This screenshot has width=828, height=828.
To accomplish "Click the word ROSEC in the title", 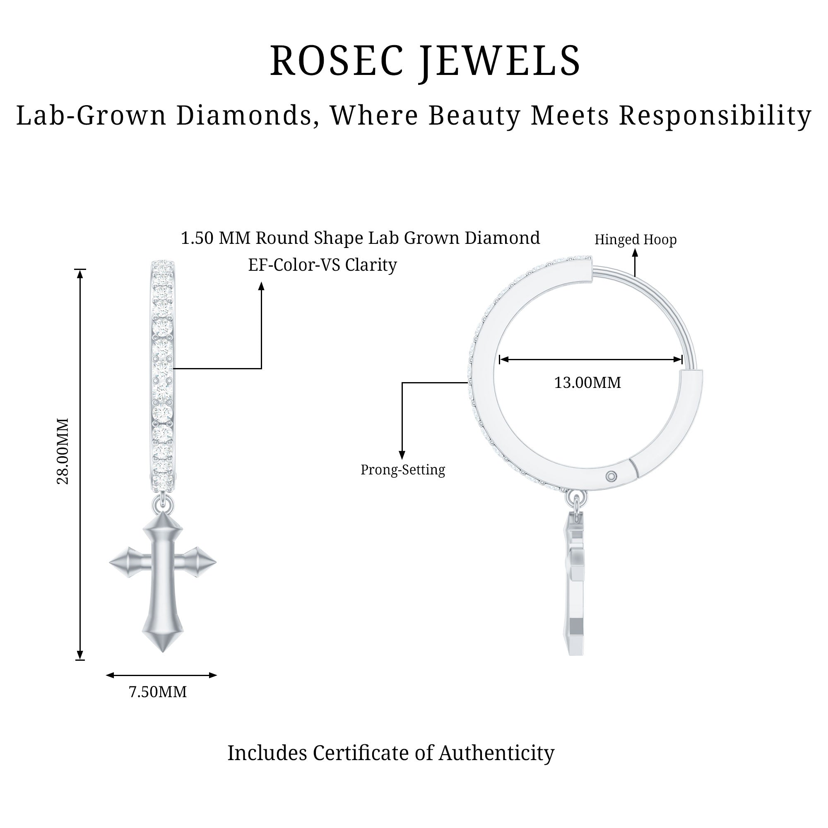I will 337,61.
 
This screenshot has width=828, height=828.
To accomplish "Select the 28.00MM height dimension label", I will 63,451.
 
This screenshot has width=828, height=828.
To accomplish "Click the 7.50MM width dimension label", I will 158,692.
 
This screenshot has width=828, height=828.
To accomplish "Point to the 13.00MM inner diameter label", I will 587,383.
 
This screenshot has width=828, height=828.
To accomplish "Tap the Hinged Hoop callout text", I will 635,240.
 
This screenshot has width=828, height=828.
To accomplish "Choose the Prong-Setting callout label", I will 402,470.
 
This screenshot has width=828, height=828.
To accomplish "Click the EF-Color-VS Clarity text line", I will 322,265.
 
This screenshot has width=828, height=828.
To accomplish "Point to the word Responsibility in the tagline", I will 715,116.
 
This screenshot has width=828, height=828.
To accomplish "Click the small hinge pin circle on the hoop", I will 611,476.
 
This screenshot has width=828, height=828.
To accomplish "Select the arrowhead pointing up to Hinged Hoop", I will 635,253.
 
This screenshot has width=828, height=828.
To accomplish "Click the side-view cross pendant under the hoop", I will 575,587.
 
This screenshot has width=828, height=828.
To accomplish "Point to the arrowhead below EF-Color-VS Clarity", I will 261,286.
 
